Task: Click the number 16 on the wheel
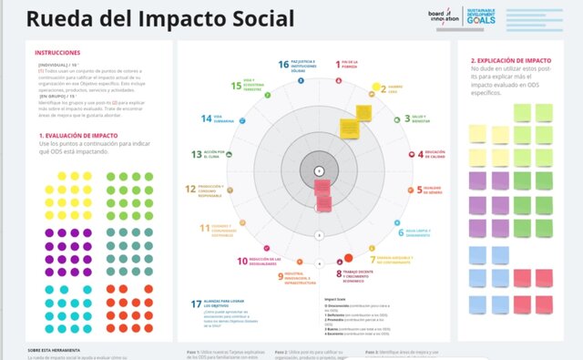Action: (283, 65)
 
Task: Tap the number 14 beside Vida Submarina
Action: (205, 119)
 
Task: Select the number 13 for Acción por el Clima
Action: (197, 154)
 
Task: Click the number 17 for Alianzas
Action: (196, 303)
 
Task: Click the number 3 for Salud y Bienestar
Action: (407, 118)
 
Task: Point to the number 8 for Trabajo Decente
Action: (336, 273)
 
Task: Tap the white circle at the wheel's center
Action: (318, 171)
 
